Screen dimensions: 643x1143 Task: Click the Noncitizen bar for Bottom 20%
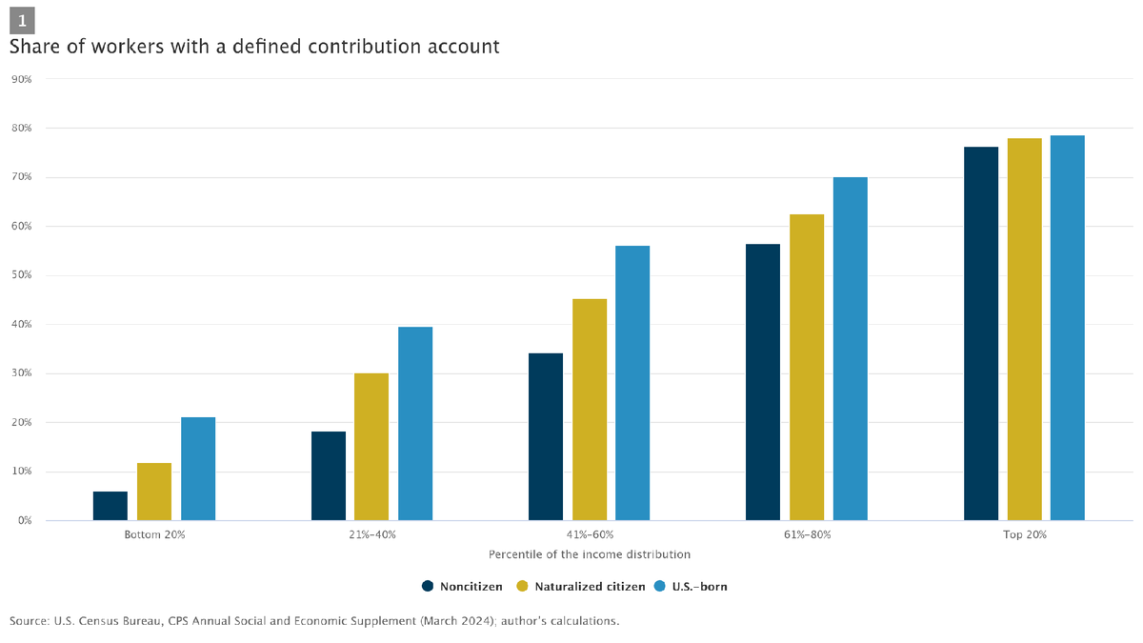tap(110, 506)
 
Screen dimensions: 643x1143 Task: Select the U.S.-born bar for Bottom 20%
tap(198, 469)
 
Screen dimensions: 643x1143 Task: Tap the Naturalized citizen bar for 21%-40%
tap(371, 447)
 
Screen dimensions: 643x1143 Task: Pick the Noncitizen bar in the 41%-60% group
tap(546, 436)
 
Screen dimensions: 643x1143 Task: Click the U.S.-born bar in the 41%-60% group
tap(632, 383)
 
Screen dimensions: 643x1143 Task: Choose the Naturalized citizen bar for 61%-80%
tap(807, 367)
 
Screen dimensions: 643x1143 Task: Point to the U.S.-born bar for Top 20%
tap(1067, 328)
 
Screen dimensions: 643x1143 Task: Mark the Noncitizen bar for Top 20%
tap(981, 333)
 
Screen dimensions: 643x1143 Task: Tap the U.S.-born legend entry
tap(692, 587)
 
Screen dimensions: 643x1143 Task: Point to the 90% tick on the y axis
tap(21, 79)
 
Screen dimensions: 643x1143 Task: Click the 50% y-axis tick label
tap(21, 275)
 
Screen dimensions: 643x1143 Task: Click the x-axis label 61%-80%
tap(807, 535)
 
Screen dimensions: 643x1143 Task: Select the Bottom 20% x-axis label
tap(154, 535)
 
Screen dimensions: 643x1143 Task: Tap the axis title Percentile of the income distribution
tap(589, 553)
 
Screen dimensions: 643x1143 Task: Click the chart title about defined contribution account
tap(254, 46)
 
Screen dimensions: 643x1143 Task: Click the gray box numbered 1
tap(22, 20)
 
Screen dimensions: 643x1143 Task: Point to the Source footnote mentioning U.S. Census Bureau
tap(314, 621)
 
